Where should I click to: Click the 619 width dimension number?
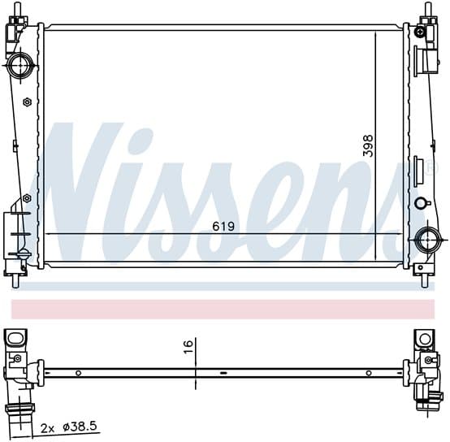223,227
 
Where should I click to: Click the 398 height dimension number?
368,145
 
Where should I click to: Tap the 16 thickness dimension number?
188,347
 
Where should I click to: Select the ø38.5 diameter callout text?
80,427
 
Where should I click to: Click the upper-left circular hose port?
20,66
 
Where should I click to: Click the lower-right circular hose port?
429,239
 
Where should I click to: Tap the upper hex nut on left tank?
27,102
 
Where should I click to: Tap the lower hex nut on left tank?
27,198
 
